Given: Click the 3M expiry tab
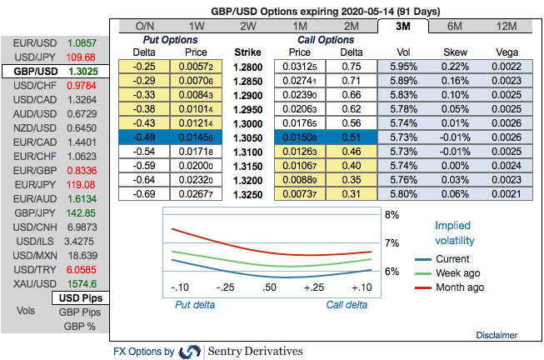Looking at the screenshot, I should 406,26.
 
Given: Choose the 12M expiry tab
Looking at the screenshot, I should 506,26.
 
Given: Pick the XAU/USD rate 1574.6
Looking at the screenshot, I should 81,282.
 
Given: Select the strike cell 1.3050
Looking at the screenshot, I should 247,136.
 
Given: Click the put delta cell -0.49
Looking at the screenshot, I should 147,136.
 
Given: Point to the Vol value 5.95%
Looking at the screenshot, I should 406,66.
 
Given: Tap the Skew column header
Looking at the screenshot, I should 456,51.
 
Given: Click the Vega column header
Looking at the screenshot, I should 506,51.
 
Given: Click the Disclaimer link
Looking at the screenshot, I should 497,335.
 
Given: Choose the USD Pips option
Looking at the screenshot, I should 80,297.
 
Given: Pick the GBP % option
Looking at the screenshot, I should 80,326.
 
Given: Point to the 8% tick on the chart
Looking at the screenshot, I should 392,214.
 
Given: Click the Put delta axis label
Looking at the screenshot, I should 194,305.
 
